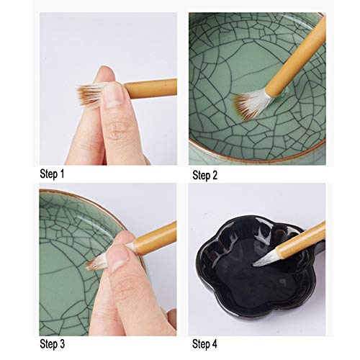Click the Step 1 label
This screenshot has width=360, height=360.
[x=52, y=174]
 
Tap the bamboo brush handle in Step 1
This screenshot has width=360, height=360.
[x=151, y=88]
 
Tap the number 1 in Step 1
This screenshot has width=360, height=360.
[x=62, y=174]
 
